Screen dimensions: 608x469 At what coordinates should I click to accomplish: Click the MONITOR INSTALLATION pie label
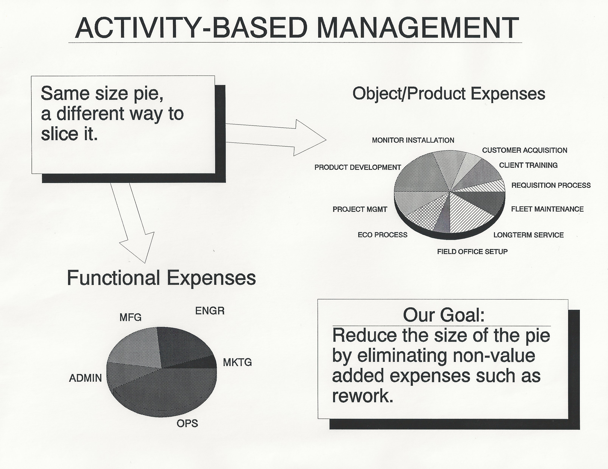413,140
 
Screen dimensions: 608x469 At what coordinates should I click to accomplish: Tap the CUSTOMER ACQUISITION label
524,150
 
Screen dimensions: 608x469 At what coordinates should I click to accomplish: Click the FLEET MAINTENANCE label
547,209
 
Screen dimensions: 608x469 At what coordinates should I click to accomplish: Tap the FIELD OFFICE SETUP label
472,252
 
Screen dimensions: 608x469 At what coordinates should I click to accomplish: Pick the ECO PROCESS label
382,235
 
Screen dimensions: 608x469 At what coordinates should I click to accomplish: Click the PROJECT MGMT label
360,209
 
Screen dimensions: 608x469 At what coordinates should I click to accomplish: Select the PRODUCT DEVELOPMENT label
358,167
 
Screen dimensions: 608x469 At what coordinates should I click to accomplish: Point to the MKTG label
237,362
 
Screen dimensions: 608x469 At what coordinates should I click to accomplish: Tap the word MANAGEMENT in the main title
418,28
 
